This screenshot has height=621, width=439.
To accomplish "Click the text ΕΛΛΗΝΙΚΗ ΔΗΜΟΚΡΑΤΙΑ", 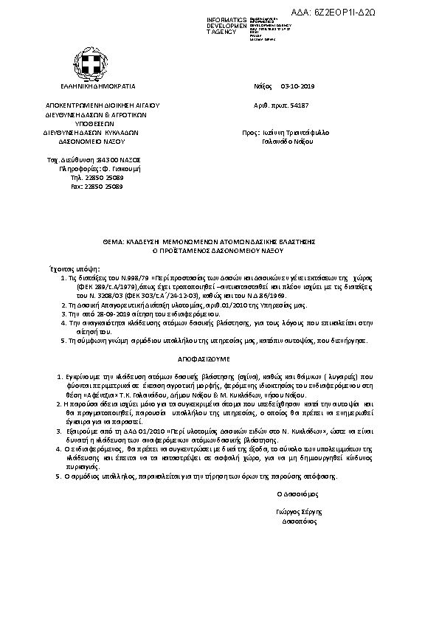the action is click(x=93, y=86).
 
